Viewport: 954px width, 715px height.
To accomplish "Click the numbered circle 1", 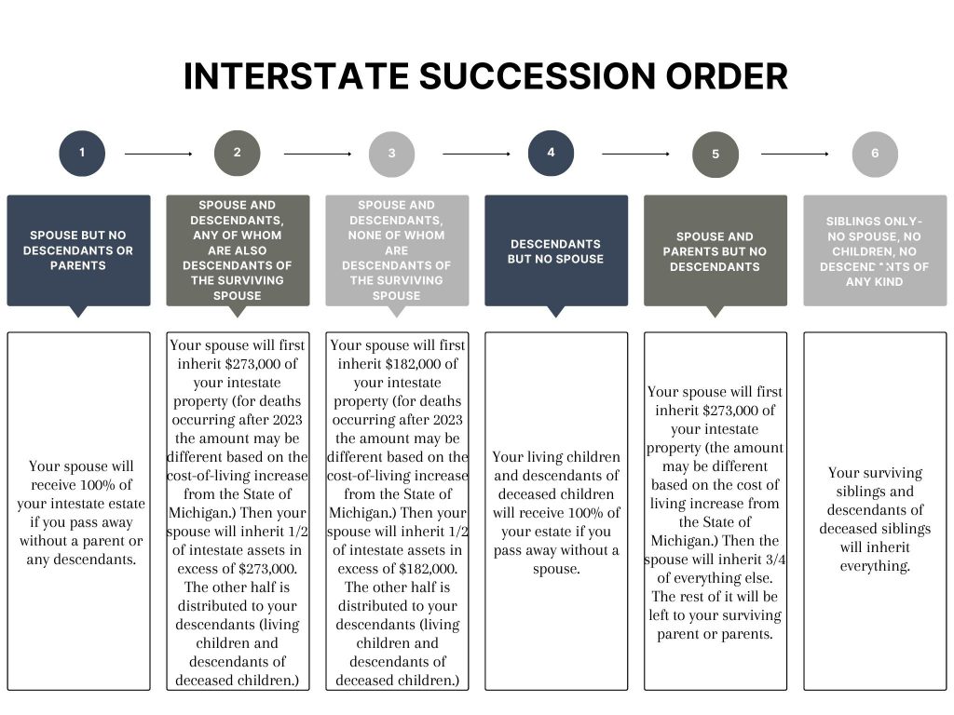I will click(82, 153).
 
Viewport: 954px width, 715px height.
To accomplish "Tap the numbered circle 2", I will click(237, 153).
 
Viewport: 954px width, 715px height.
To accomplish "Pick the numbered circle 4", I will click(551, 153).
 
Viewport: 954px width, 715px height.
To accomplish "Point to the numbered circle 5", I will click(715, 155).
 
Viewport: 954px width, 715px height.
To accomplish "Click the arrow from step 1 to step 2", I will click(158, 153).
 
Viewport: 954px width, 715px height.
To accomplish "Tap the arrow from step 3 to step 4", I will click(476, 153).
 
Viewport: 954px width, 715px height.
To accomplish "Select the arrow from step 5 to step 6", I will click(795, 153).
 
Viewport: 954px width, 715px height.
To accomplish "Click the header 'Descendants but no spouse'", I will click(556, 251).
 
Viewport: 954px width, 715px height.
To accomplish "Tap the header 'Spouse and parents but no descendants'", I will click(715, 251).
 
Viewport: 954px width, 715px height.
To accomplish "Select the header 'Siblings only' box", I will click(875, 251).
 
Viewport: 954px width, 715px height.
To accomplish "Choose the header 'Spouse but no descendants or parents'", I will click(78, 250).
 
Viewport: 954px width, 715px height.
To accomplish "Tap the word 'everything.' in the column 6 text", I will click(875, 566).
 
